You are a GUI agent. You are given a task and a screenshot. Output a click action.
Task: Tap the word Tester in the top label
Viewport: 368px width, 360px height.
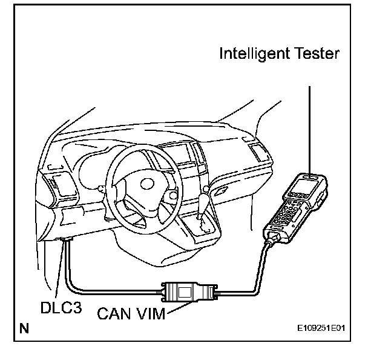pyautogui.click(x=315, y=54)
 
